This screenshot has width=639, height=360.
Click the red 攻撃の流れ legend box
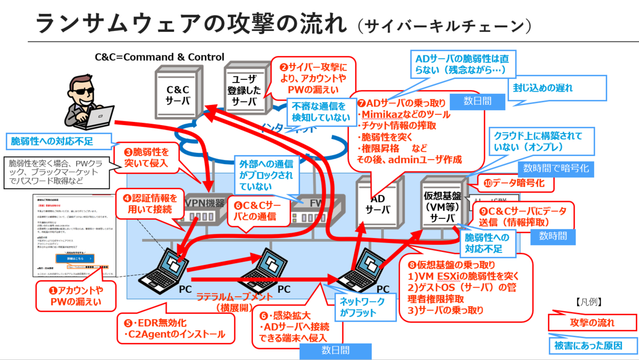click(592, 323)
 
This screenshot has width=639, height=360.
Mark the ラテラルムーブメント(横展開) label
click(234, 302)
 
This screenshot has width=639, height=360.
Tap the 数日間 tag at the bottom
click(335, 350)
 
